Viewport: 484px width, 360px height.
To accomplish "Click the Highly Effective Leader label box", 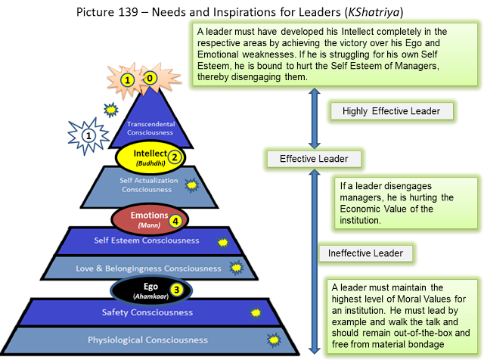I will (391, 111).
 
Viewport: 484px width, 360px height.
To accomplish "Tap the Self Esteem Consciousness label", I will (148, 241).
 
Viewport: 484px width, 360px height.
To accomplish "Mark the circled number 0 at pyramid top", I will (150, 78).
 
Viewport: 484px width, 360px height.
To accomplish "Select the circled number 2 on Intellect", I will (174, 157).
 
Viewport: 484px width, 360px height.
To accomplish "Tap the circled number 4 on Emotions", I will (175, 221).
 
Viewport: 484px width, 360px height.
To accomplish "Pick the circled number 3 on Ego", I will (175, 289).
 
